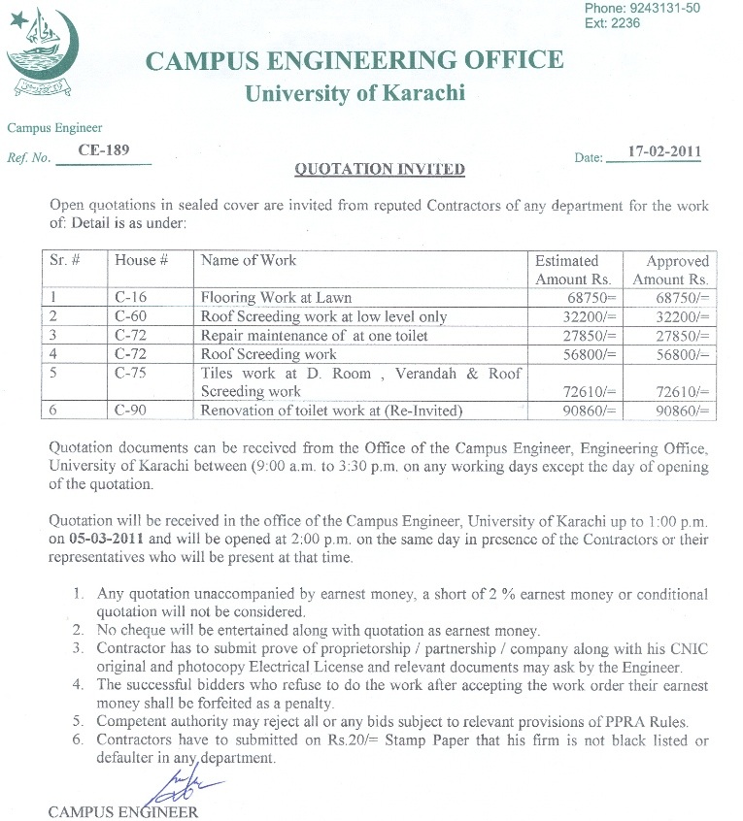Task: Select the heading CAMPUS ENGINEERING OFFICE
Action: pos(354,60)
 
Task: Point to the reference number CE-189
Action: pos(103,150)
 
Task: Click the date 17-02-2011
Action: pos(664,152)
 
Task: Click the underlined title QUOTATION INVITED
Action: pos(380,170)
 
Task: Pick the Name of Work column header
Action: pos(249,260)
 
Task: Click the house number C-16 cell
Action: pos(130,298)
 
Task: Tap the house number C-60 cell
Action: pos(130,316)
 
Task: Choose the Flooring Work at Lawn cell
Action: pos(276,298)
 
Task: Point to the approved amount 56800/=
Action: pos(677,354)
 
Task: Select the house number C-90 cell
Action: pos(130,410)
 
